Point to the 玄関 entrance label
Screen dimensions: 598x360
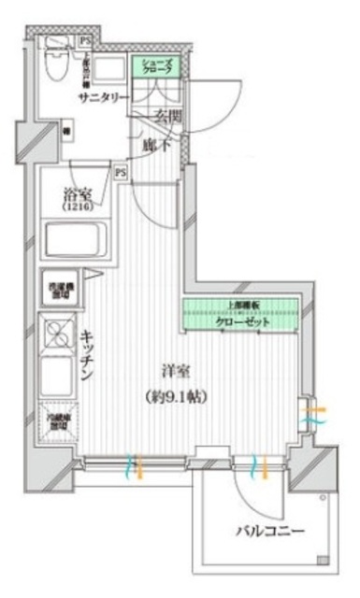click(x=166, y=117)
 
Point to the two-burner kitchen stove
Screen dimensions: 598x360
click(x=58, y=334)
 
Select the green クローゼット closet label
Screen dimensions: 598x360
click(x=242, y=321)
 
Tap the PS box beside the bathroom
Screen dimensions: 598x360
click(x=121, y=172)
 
